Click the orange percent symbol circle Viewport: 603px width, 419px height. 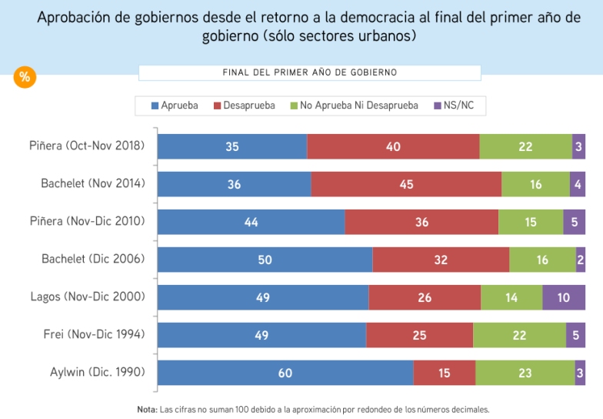pos(25,77)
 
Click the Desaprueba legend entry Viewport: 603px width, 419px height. pos(243,105)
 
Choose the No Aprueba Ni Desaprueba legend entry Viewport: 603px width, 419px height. pos(353,105)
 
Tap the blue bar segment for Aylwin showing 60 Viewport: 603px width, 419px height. pos(285,373)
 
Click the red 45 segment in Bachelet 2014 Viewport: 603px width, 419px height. pos(406,184)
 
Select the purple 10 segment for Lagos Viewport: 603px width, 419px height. pos(564,297)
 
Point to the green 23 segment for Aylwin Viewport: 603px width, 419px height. pos(525,373)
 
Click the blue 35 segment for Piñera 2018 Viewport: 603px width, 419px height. pos(232,146)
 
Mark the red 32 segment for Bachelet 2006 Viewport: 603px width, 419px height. pos(441,260)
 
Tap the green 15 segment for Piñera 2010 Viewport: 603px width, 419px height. pos(531,222)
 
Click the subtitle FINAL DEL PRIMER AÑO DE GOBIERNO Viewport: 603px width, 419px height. pos(309,72)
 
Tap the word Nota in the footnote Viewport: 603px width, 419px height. pos(146,410)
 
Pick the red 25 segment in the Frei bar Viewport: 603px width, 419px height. pos(420,335)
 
